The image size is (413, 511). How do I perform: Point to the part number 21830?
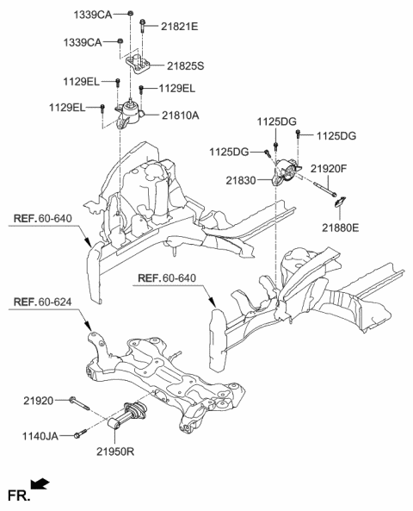point(242,180)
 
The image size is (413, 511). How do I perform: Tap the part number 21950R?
point(117,451)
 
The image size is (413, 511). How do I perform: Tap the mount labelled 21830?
point(284,176)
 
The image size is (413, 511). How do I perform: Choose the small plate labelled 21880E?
point(340,205)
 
